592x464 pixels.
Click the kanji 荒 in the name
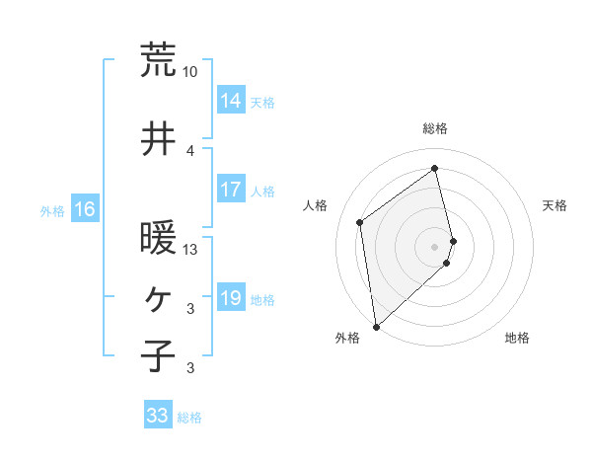tap(158, 60)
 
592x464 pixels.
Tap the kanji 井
tap(158, 139)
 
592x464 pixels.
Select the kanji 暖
tap(158, 238)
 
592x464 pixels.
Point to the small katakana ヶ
tap(158, 297)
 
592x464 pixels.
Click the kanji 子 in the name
tap(158, 356)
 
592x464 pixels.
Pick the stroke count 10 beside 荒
tap(190, 72)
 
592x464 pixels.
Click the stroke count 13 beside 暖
tap(190, 250)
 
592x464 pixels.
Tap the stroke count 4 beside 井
tap(190, 151)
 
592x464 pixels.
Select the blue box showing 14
tap(231, 100)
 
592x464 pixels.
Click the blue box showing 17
tap(231, 190)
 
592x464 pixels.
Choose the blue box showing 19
tap(231, 298)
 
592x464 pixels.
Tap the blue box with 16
tap(85, 209)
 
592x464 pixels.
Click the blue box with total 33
tap(157, 416)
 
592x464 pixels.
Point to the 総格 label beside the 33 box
tap(189, 418)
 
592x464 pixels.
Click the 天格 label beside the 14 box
tap(262, 102)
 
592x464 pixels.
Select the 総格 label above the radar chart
tap(435, 128)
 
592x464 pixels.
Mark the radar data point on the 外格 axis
tap(376, 327)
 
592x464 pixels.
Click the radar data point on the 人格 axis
tap(360, 222)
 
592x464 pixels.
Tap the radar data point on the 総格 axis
tap(435, 168)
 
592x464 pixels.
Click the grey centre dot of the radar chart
tap(435, 246)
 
